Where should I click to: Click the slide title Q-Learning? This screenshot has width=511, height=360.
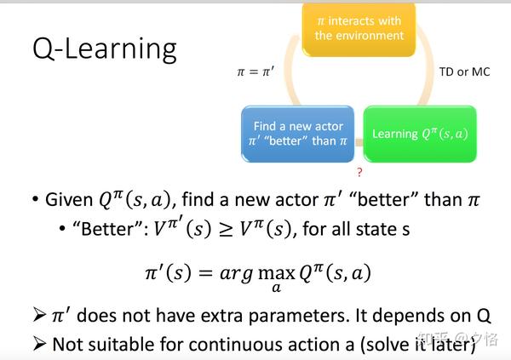click(x=104, y=49)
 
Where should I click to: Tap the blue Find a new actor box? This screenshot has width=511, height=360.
click(x=298, y=134)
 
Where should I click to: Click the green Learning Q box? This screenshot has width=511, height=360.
click(x=420, y=134)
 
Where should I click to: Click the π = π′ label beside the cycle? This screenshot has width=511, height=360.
click(x=255, y=72)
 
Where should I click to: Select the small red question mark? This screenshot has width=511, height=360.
click(x=359, y=172)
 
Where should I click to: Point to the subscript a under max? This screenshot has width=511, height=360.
click(x=277, y=289)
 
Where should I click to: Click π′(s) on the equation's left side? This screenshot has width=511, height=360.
click(x=170, y=273)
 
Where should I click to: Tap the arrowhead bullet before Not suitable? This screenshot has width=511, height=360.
click(x=37, y=345)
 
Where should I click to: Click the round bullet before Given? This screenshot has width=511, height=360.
click(x=35, y=202)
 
